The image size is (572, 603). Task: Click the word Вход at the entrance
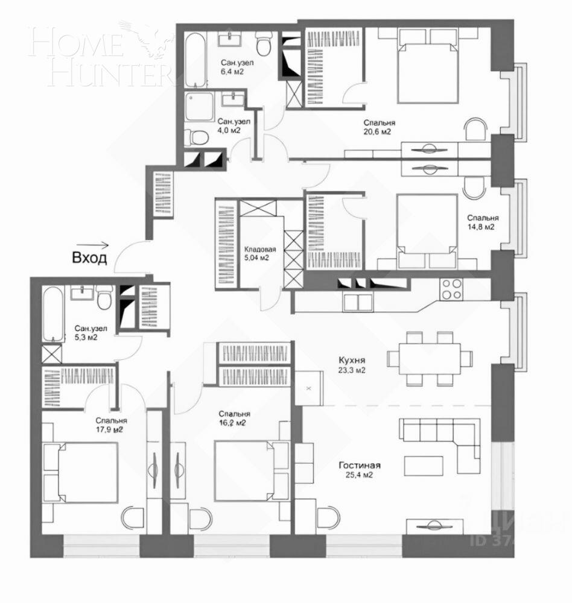(89, 259)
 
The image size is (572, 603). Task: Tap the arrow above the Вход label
(98, 245)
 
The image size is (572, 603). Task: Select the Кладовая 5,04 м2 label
(260, 253)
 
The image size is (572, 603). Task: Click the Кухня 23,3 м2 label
(352, 364)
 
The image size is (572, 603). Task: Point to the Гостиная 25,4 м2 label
(359, 470)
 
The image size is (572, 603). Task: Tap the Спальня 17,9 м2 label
(110, 425)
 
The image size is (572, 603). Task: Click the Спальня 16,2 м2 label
(234, 418)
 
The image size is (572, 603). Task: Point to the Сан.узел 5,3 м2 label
(91, 333)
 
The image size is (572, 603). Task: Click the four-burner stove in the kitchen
(451, 289)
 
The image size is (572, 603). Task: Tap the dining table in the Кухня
(429, 358)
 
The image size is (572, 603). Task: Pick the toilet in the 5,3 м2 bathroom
(104, 298)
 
